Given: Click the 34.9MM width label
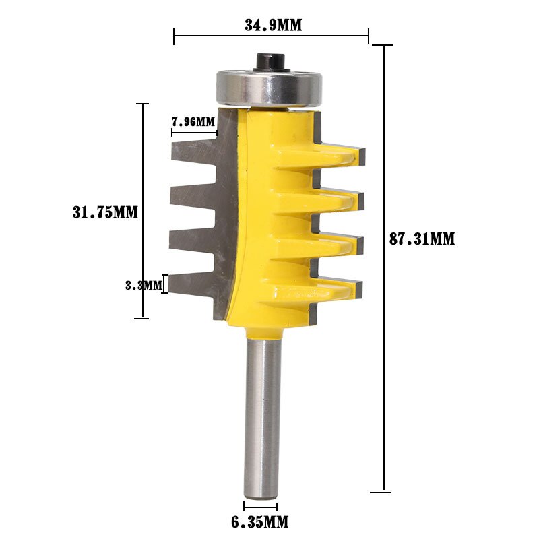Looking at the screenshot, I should [272, 26].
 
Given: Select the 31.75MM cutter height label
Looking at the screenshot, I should [105, 212].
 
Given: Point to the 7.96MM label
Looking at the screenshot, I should [193, 122].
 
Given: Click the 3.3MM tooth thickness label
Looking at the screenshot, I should [144, 285].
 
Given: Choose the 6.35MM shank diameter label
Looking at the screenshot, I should [260, 521].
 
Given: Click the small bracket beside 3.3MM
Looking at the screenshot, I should [165, 285].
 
